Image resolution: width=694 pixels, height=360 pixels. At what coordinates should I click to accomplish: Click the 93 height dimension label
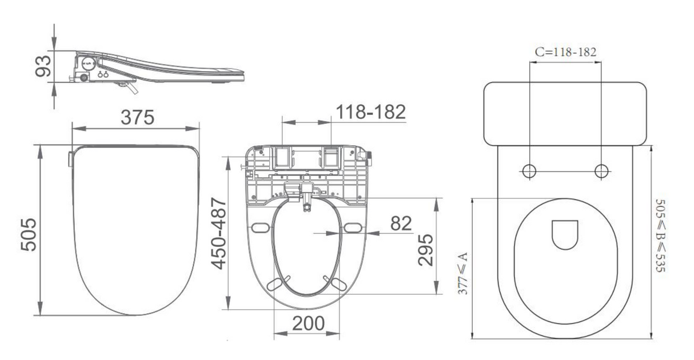40,66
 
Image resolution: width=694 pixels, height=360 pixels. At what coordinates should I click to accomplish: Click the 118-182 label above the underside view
370,112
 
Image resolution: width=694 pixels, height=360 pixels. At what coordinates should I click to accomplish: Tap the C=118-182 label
565,52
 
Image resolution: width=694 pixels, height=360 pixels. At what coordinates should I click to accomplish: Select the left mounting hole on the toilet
530,171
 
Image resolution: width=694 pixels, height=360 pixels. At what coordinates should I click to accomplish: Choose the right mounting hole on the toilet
601,171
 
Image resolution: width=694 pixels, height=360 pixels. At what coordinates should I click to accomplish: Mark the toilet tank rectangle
565,113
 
